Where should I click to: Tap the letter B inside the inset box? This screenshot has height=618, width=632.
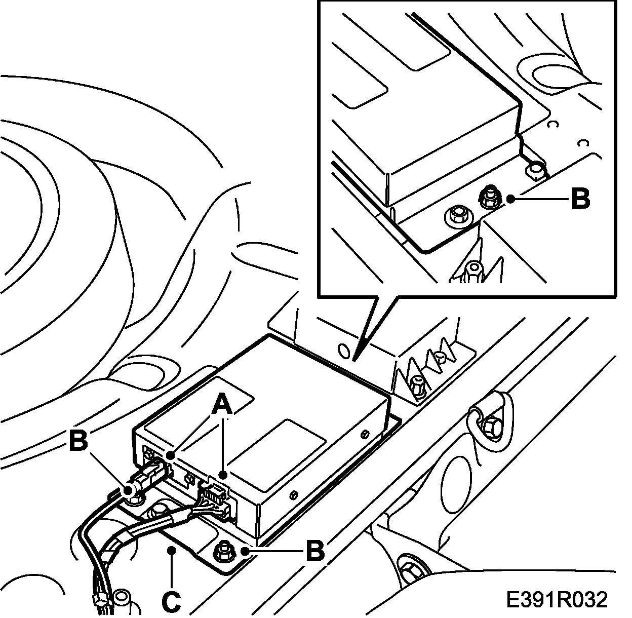pyautogui.click(x=580, y=199)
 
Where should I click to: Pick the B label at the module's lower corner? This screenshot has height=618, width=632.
pyautogui.click(x=314, y=550)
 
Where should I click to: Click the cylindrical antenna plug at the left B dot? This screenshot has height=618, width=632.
pyautogui.click(x=130, y=490)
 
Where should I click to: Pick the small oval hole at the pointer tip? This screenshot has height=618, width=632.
pyautogui.click(x=343, y=351)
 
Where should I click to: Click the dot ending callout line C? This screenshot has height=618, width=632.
pyautogui.click(x=172, y=550)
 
